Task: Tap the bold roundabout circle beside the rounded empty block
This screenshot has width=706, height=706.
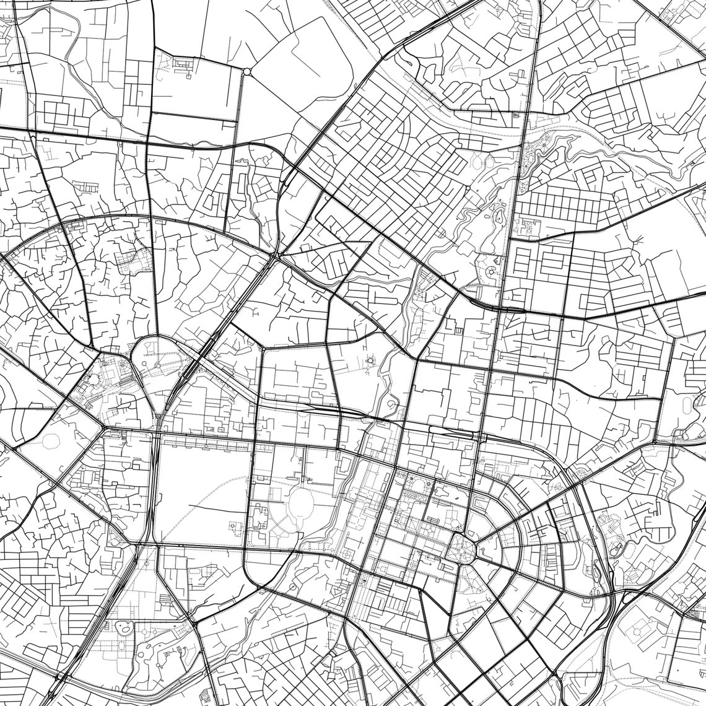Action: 246,72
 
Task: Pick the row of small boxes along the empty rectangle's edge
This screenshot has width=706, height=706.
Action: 204,443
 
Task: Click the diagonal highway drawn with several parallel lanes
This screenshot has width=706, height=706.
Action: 204,353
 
